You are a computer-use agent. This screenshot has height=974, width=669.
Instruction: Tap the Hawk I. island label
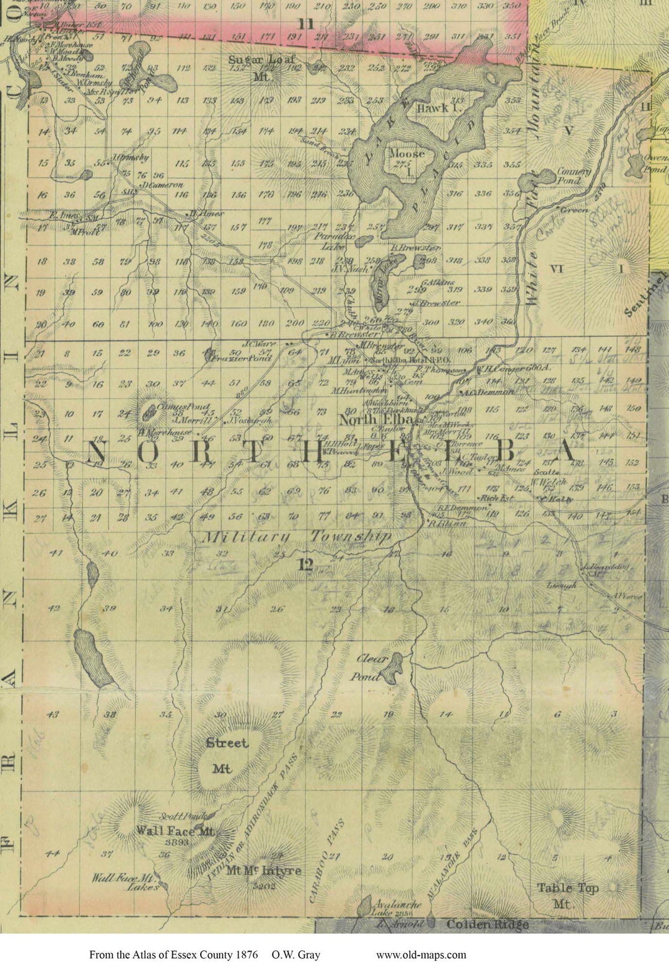click(x=432, y=108)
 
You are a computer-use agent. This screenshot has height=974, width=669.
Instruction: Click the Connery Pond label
click(x=575, y=176)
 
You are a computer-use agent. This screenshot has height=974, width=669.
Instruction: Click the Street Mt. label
click(x=226, y=755)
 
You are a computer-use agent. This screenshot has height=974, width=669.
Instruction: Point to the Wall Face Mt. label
click(x=175, y=831)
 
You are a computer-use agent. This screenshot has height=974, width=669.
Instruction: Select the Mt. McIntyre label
click(x=263, y=871)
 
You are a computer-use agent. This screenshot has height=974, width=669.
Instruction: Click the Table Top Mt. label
click(x=567, y=895)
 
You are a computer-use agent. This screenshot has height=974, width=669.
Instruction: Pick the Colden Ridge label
click(x=488, y=924)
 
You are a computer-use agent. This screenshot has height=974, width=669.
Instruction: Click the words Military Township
click(x=297, y=537)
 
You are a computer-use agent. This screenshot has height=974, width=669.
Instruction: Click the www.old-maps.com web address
click(x=421, y=955)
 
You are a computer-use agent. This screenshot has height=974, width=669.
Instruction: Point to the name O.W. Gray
click(x=295, y=955)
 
